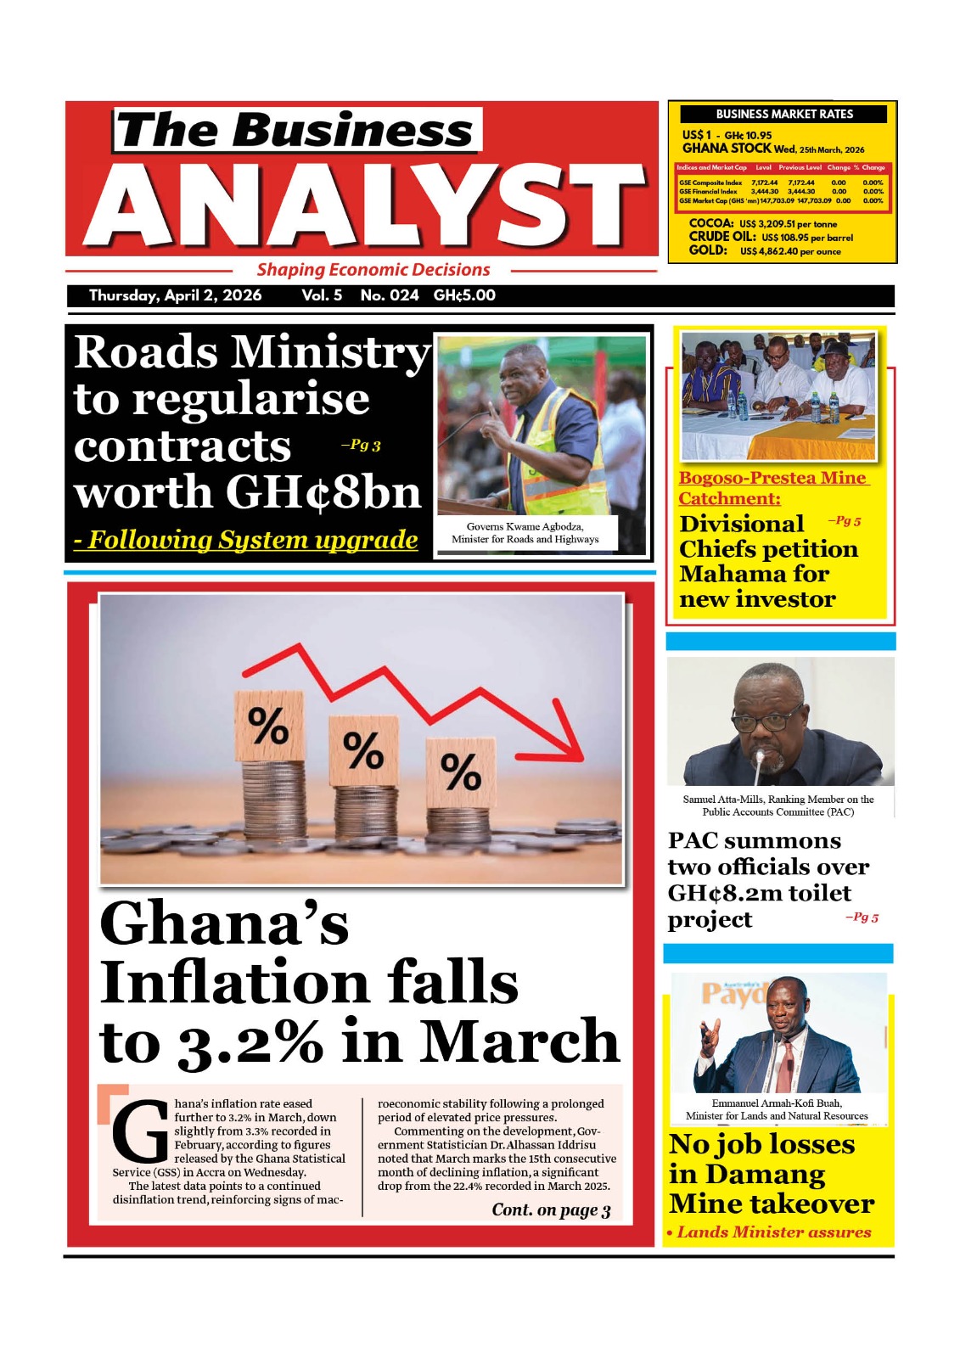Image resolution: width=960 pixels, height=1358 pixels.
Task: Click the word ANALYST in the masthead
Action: [x=365, y=206]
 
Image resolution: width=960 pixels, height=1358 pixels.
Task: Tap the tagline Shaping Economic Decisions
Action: [x=373, y=270]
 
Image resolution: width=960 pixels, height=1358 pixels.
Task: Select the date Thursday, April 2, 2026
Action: [x=176, y=295]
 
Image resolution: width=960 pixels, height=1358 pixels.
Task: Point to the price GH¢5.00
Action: [x=464, y=295]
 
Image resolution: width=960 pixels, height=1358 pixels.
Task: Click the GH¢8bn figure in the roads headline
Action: [x=323, y=492]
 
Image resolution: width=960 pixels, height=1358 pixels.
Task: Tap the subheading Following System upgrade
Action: [x=246, y=540]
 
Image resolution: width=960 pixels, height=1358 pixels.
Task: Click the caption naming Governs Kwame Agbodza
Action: [x=525, y=532]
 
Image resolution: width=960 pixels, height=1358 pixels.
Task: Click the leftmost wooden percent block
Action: [x=268, y=726]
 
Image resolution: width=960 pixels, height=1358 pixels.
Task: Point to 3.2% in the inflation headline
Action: [x=250, y=1041]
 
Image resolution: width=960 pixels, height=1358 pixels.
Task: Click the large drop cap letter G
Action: [x=140, y=1132]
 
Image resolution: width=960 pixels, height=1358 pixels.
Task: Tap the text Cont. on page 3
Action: [x=551, y=1209]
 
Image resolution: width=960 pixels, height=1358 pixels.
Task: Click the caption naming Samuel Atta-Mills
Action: [x=778, y=805]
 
